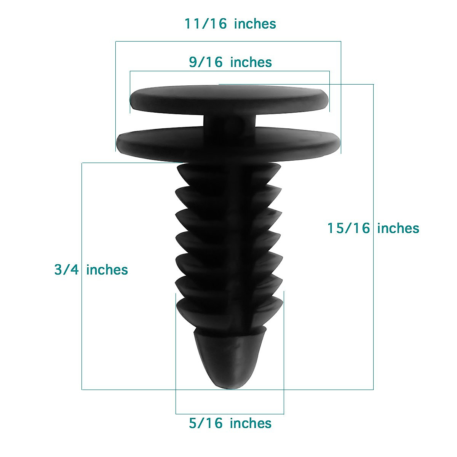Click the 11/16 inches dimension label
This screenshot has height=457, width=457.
point(230,24)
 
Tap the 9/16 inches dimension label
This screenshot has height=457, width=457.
point(230,62)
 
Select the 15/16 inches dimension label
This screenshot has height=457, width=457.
point(373,228)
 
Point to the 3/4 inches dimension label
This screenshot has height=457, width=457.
point(91,270)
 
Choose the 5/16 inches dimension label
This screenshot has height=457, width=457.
point(230,423)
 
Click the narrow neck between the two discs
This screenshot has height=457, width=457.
point(228,122)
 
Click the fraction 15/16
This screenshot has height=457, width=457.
point(349,228)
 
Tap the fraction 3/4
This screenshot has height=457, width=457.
point(66,270)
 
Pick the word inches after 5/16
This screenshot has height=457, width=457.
point(251,423)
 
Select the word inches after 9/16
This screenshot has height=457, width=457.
point(251,62)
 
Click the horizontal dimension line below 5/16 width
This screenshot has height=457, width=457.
point(230,414)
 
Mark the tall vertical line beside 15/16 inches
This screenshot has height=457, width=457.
point(373,305)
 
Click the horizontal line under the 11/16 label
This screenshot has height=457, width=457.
point(228,41)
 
